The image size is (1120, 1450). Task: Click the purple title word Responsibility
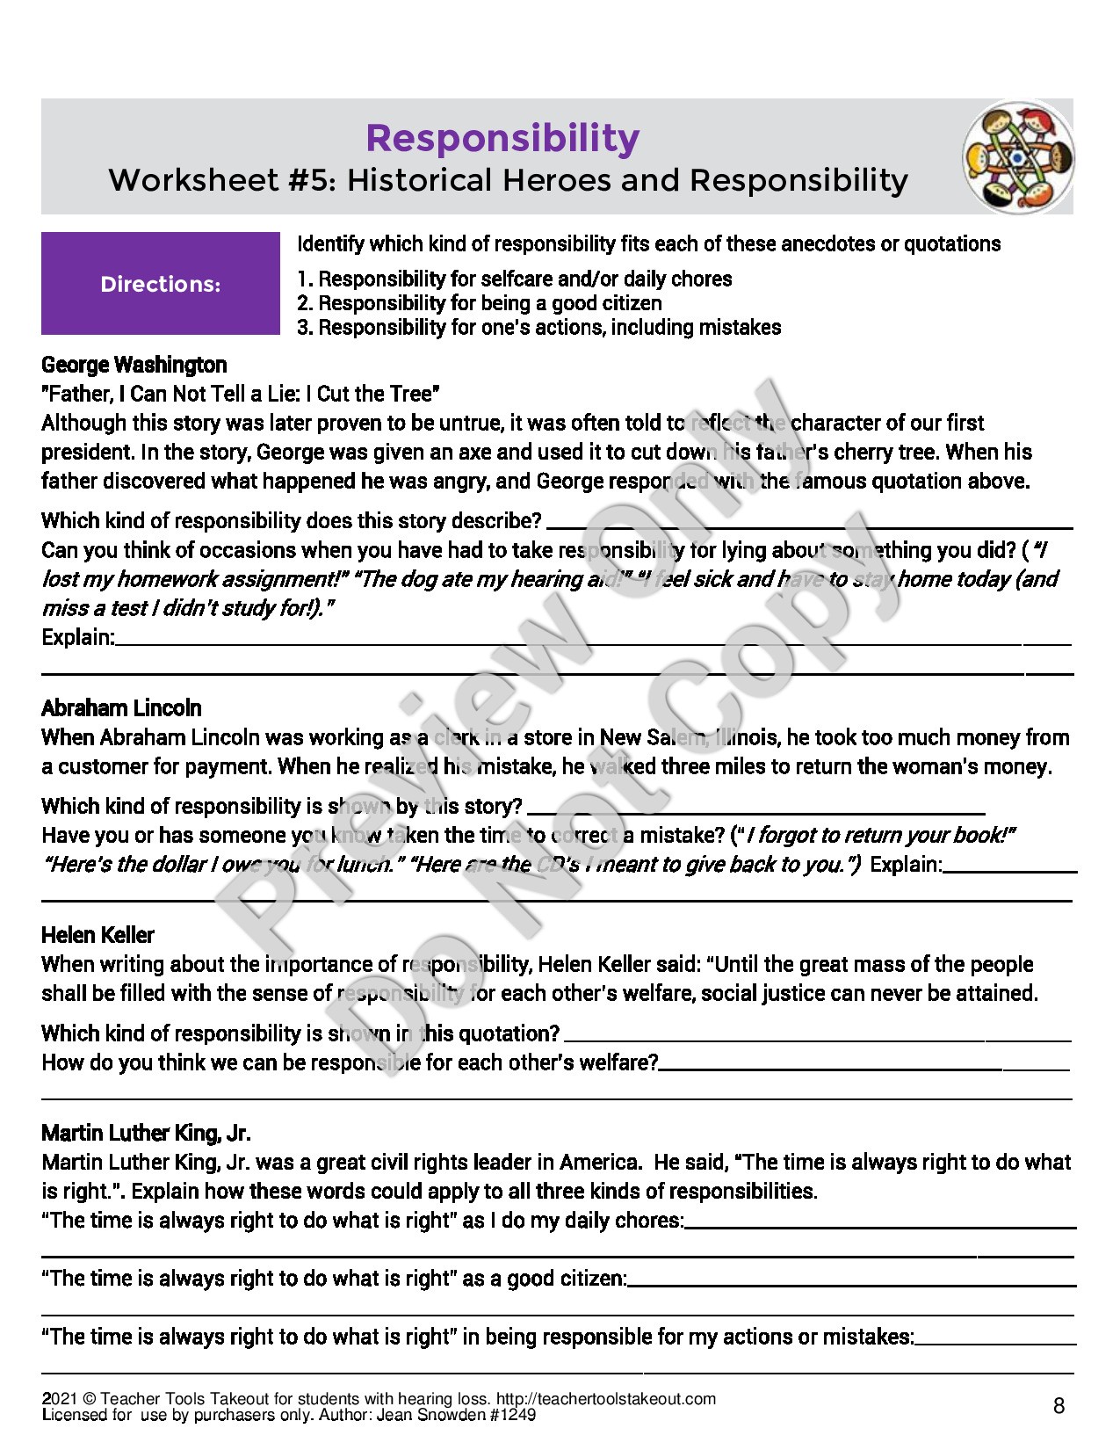tap(502, 138)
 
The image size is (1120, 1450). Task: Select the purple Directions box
tap(160, 283)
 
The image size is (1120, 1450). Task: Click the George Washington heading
tap(134, 365)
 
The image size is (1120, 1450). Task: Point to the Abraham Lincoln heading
tap(121, 708)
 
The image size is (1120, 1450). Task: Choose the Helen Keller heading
tap(98, 935)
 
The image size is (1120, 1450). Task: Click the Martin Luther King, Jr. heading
tap(146, 1133)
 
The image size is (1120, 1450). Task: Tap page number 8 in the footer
tap(1059, 1406)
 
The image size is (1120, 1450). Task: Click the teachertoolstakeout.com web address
tap(606, 1399)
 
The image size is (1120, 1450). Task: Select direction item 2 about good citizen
tap(480, 303)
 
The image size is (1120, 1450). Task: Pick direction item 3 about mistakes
tap(538, 328)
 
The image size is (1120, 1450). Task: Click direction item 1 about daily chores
tap(515, 279)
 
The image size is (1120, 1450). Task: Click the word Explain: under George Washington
tap(78, 637)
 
